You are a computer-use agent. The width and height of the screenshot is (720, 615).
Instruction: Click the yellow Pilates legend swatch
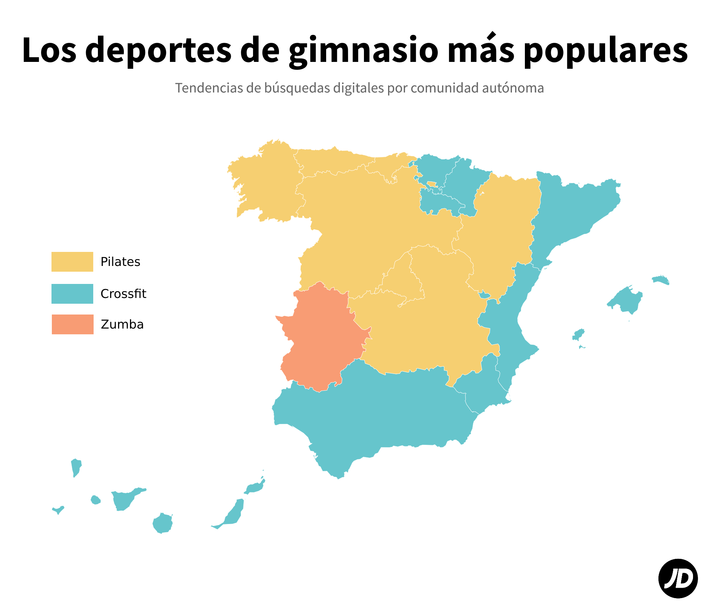click(72, 262)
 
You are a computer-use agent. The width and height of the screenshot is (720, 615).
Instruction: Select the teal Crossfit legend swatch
click(72, 294)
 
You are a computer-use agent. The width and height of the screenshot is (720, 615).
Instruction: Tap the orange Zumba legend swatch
click(72, 324)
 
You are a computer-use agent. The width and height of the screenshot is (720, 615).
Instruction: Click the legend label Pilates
click(120, 262)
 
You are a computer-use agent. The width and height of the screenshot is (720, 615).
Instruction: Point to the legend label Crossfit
click(123, 294)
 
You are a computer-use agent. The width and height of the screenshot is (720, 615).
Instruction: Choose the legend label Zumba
click(122, 325)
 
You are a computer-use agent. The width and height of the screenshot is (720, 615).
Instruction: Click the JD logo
click(678, 578)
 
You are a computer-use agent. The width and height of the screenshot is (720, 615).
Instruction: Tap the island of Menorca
click(661, 280)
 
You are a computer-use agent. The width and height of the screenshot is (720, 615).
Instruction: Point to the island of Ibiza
click(578, 335)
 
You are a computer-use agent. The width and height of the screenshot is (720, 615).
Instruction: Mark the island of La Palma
click(76, 467)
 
